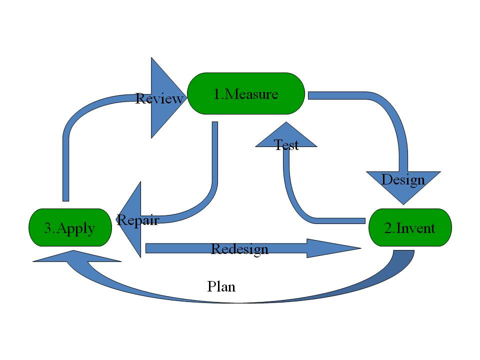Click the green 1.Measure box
245,93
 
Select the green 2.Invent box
410,227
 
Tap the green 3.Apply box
69,227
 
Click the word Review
159,98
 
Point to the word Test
286,145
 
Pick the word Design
403,179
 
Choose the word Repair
137,220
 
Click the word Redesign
239,248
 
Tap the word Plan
221,286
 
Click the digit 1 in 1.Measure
217,94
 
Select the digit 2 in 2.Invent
388,228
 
